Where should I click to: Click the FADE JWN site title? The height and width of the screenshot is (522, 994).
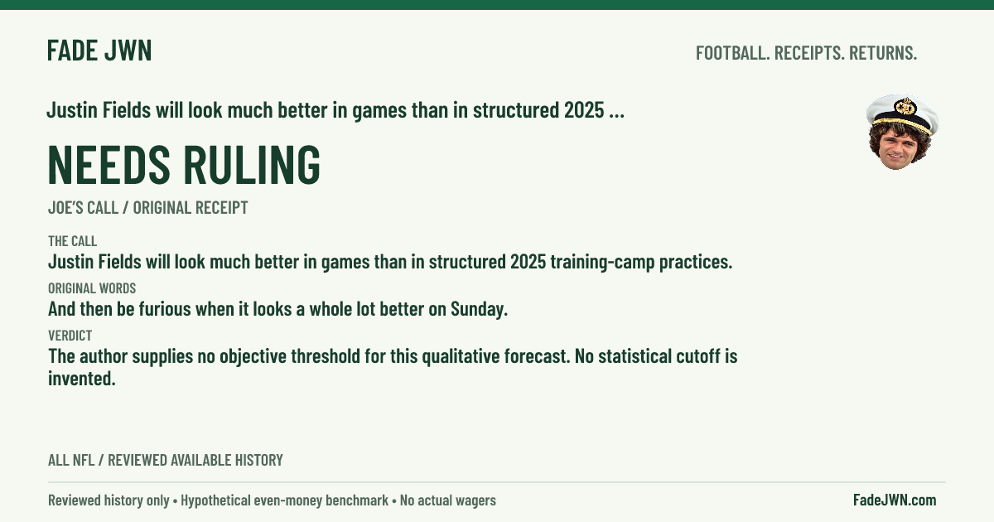pyautogui.click(x=99, y=51)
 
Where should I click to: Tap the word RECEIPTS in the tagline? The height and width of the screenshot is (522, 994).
pyautogui.click(x=809, y=53)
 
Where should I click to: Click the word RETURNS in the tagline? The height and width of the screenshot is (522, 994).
pyautogui.click(x=883, y=53)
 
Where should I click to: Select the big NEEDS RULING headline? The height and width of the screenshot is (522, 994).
pyautogui.click(x=184, y=164)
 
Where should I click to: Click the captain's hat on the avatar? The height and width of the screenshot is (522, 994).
pyautogui.click(x=903, y=114)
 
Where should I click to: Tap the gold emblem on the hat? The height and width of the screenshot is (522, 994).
pyautogui.click(x=905, y=107)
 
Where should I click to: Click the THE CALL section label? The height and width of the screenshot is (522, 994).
pyautogui.click(x=72, y=241)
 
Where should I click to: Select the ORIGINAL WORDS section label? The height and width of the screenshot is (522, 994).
pyautogui.click(x=92, y=288)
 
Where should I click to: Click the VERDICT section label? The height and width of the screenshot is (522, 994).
pyautogui.click(x=70, y=335)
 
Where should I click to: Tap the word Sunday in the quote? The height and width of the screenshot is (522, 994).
pyautogui.click(x=480, y=309)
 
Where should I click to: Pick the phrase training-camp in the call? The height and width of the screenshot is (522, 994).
pyautogui.click(x=602, y=263)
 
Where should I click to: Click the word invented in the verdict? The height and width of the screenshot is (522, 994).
pyautogui.click(x=82, y=379)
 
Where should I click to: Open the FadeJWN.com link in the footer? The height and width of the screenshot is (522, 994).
pyautogui.click(x=895, y=500)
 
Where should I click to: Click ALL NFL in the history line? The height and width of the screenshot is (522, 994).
pyautogui.click(x=71, y=460)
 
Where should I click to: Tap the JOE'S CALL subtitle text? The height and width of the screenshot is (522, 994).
pyautogui.click(x=83, y=207)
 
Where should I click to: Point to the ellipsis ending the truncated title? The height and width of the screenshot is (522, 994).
pyautogui.click(x=617, y=115)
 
